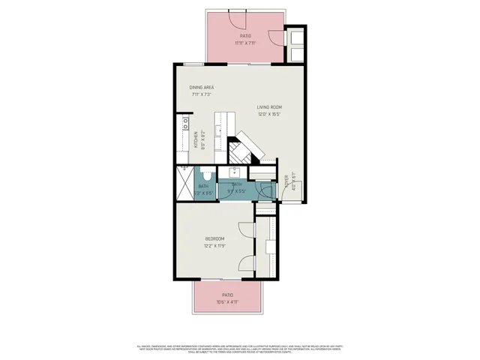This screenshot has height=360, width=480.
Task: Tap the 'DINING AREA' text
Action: (202, 88)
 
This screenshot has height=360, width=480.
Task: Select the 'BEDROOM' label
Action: (215, 238)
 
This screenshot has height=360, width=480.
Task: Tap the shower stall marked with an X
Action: (184, 181)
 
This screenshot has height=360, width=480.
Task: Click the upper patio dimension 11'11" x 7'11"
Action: (245, 43)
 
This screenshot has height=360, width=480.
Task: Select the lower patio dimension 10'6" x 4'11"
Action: (226, 302)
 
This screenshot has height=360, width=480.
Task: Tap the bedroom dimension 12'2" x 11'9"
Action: (215, 245)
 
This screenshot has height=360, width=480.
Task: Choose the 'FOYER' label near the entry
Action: (286, 181)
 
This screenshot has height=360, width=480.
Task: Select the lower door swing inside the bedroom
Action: (245, 264)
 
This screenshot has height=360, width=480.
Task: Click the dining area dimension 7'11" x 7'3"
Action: (202, 94)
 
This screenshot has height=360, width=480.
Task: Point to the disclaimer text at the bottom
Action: (240, 349)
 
